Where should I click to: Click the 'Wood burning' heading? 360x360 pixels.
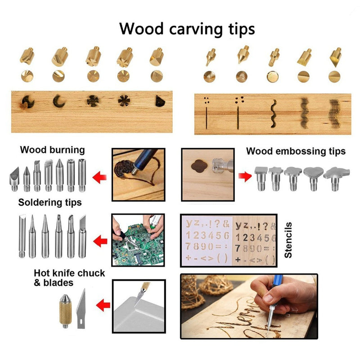52,150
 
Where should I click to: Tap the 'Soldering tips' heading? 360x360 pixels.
50,202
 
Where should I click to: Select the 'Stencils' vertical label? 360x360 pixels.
288,239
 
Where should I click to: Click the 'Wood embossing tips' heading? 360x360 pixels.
296,151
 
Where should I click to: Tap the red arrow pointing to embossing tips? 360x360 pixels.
245,175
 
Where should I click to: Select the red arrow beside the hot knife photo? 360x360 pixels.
103,306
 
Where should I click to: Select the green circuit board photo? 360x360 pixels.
138,240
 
